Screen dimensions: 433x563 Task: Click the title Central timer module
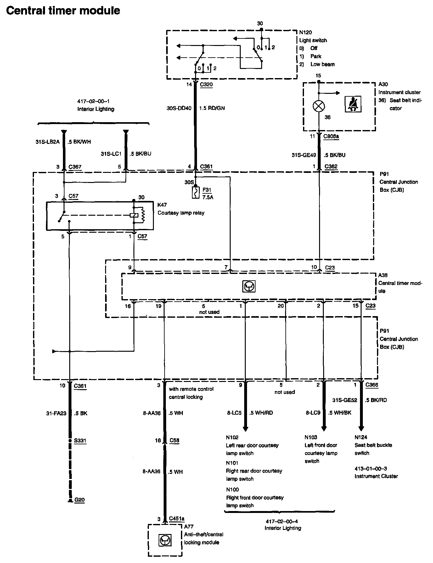pyautogui.click(x=63, y=10)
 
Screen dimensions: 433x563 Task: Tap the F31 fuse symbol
pyautogui.click(x=196, y=193)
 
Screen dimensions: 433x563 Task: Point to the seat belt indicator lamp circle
pyautogui.click(x=318, y=106)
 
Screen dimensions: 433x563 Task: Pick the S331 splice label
pyautogui.click(x=80, y=441)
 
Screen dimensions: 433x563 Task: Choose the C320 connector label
pyautogui.click(x=206, y=84)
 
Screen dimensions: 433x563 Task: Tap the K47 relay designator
pyautogui.click(x=162, y=205)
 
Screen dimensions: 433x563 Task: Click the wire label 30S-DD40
pyautogui.click(x=179, y=108)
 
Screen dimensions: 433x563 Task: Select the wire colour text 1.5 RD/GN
pyautogui.click(x=212, y=108)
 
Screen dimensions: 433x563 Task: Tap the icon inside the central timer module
pyautogui.click(x=249, y=286)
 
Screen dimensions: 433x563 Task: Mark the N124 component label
pyautogui.click(x=361, y=437)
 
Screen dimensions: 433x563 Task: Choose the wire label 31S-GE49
pyautogui.click(x=304, y=155)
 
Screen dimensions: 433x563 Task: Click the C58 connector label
pyautogui.click(x=174, y=441)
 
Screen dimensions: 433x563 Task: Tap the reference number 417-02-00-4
pyautogui.click(x=283, y=521)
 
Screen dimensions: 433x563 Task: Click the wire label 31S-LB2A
pyautogui.click(x=47, y=142)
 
